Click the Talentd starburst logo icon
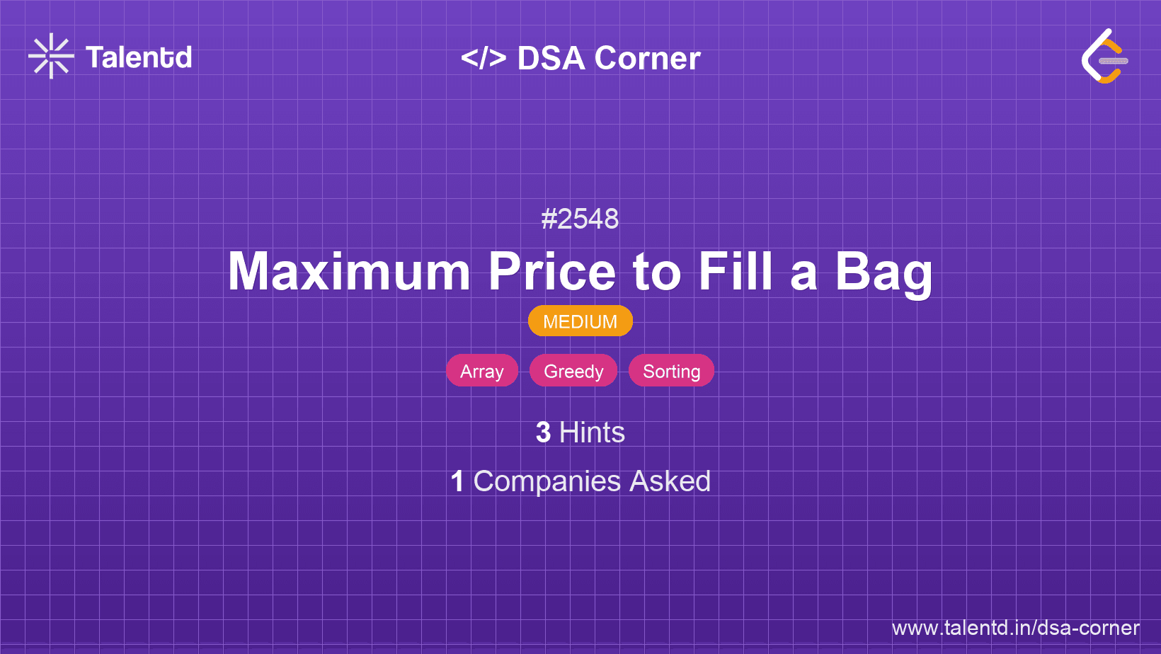click(51, 56)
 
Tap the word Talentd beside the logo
click(139, 57)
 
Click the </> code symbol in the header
click(483, 58)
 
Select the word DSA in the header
click(551, 58)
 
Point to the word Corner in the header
click(647, 58)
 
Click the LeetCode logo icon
click(1104, 56)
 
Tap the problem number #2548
click(580, 219)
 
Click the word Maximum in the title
click(349, 272)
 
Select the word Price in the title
click(552, 272)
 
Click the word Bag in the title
click(883, 274)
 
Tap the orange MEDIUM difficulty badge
click(580, 321)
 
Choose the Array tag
click(482, 371)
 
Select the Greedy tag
click(573, 371)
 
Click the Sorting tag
click(671, 371)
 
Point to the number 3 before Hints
click(543, 432)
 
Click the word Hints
click(592, 432)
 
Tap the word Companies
click(547, 481)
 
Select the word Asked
click(670, 481)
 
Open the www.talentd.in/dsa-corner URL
click(1015, 628)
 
